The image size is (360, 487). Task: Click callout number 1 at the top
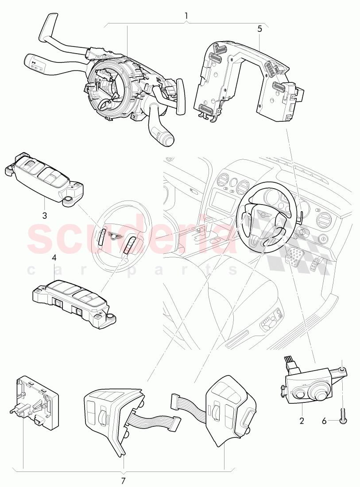point(186,15)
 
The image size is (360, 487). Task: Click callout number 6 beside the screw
point(324,421)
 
